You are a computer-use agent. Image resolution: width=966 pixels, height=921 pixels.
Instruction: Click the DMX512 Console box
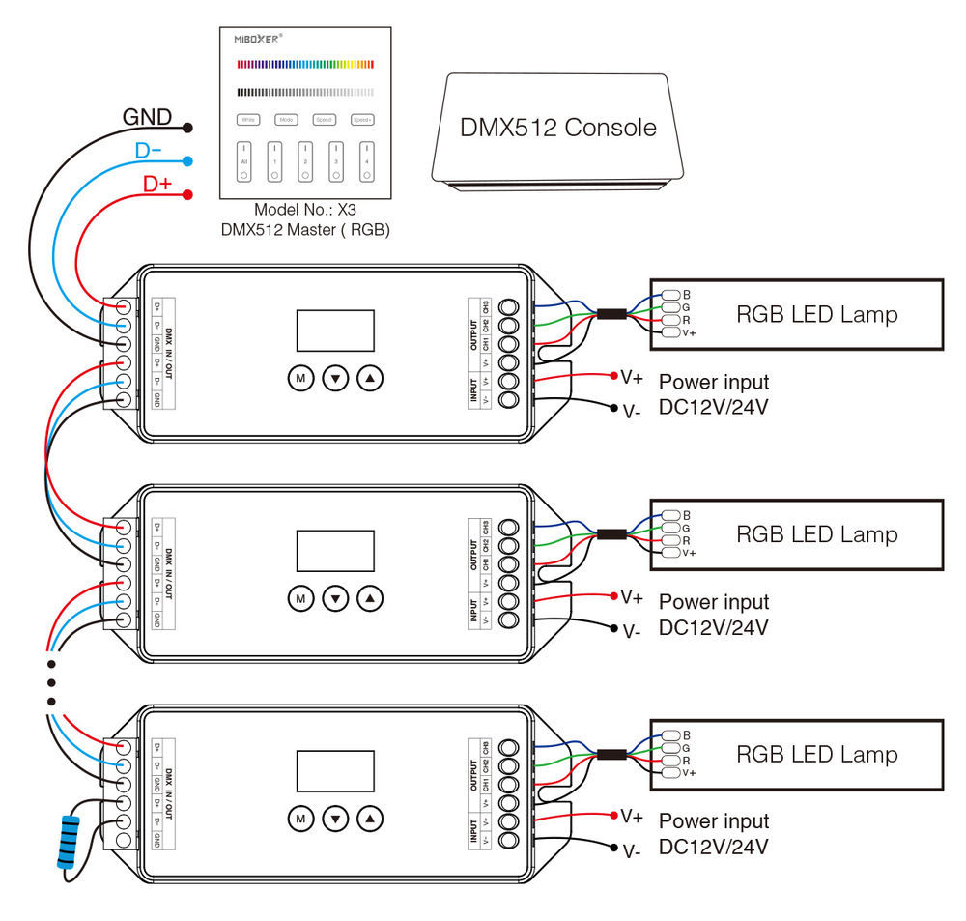point(558,127)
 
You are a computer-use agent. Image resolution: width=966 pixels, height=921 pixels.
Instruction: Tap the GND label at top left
point(146,118)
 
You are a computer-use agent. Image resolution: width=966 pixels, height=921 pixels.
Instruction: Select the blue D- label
point(148,151)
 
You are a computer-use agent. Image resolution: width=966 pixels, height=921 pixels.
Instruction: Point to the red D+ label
point(156,184)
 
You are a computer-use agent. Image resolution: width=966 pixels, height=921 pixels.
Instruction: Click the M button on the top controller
point(300,379)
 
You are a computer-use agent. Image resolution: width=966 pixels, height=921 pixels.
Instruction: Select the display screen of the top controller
point(334,331)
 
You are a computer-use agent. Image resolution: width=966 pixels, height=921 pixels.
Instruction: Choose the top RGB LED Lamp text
point(816,314)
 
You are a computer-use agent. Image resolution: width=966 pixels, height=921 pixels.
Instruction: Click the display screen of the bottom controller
point(334,770)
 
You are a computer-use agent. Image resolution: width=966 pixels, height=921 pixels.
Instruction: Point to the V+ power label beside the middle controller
point(632,597)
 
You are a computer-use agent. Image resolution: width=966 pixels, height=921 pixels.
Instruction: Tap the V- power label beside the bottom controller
point(632,851)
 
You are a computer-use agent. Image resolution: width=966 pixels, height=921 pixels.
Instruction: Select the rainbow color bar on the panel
point(305,64)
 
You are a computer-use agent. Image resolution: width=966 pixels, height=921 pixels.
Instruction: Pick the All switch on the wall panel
point(244,161)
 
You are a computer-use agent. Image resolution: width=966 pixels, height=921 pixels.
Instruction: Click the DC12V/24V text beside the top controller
point(714,407)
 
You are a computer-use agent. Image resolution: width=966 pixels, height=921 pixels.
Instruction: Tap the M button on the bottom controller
point(300,819)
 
